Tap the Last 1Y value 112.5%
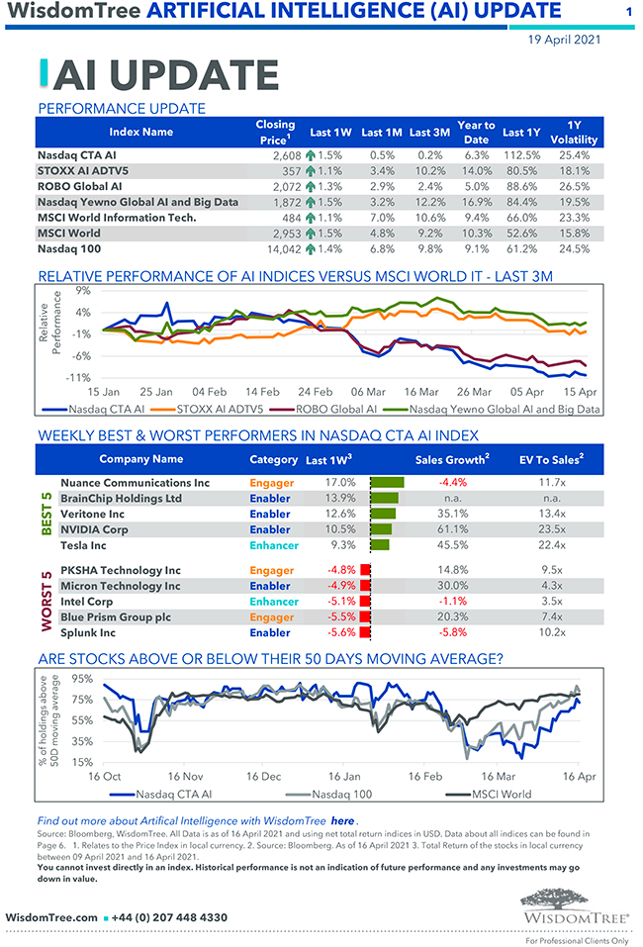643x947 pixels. [x=521, y=155]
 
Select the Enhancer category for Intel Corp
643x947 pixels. [x=273, y=602]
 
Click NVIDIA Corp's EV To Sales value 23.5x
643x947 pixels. [x=552, y=529]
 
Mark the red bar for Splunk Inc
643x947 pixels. [x=364, y=633]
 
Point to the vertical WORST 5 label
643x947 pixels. [x=46, y=602]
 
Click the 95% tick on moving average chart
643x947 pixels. [x=82, y=680]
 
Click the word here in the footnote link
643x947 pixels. [x=342, y=821]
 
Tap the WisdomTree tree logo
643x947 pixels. [x=572, y=901]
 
